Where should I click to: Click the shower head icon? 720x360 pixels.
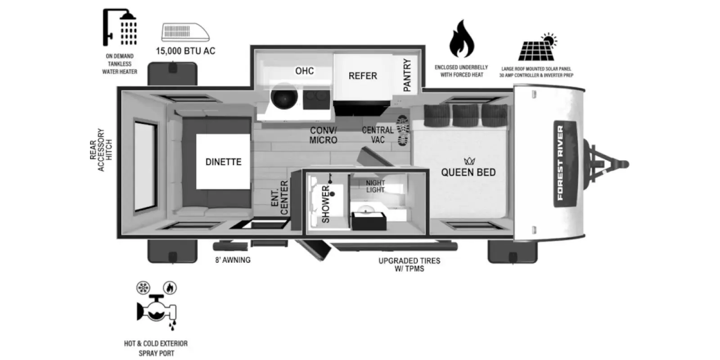pos(120,27)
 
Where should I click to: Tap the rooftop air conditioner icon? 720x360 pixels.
pos(185,32)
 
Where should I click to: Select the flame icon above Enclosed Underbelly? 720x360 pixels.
pos(462,39)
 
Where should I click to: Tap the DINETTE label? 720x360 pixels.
pos(223,162)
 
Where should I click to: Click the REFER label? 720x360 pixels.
pos(363,76)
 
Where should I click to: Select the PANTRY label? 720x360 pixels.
pos(407,75)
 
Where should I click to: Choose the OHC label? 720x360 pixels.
pos(304,71)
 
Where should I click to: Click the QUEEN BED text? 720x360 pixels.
pos(468,172)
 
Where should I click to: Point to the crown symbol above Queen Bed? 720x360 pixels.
pos(469,160)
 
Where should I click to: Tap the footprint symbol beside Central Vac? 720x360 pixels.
pos(402,130)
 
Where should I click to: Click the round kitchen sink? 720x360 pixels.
pos(284,96)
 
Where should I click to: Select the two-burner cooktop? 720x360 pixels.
pos(316,99)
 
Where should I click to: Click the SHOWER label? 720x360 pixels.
pos(326,204)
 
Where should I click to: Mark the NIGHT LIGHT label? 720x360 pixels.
pos(375,186)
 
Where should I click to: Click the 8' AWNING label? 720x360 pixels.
pos(233,260)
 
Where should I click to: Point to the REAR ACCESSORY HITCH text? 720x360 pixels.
pos(101,150)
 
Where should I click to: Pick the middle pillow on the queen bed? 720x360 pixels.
pos(465,116)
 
